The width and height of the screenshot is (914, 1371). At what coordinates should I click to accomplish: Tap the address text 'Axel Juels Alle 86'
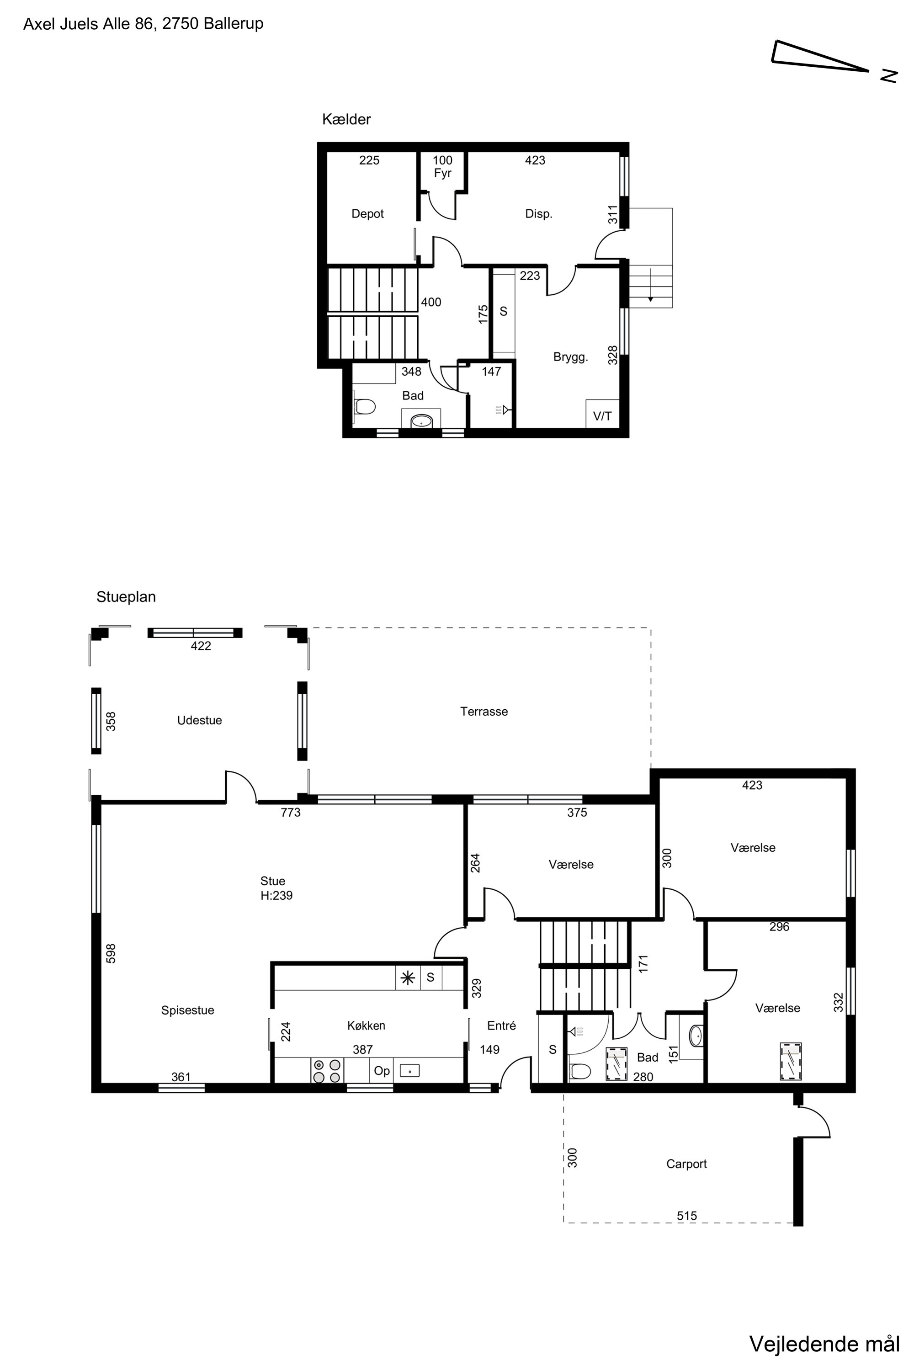[x=89, y=24]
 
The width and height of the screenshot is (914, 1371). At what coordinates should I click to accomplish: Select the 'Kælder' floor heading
[x=346, y=119]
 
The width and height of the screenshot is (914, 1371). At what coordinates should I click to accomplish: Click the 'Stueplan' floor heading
[x=126, y=597]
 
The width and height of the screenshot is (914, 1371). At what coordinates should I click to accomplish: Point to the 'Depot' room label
[x=367, y=214]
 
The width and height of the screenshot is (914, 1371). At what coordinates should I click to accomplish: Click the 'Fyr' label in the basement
[x=442, y=173]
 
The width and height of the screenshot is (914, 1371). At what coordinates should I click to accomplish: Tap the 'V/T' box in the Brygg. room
[x=602, y=415]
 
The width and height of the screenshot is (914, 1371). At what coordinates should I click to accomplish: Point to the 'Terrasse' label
[x=484, y=711]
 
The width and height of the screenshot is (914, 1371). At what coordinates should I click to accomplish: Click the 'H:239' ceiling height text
[x=276, y=895]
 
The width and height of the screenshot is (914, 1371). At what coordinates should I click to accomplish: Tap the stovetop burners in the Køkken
[x=327, y=1071]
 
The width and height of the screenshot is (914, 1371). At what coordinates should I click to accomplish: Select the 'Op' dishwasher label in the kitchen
[x=382, y=1071]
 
